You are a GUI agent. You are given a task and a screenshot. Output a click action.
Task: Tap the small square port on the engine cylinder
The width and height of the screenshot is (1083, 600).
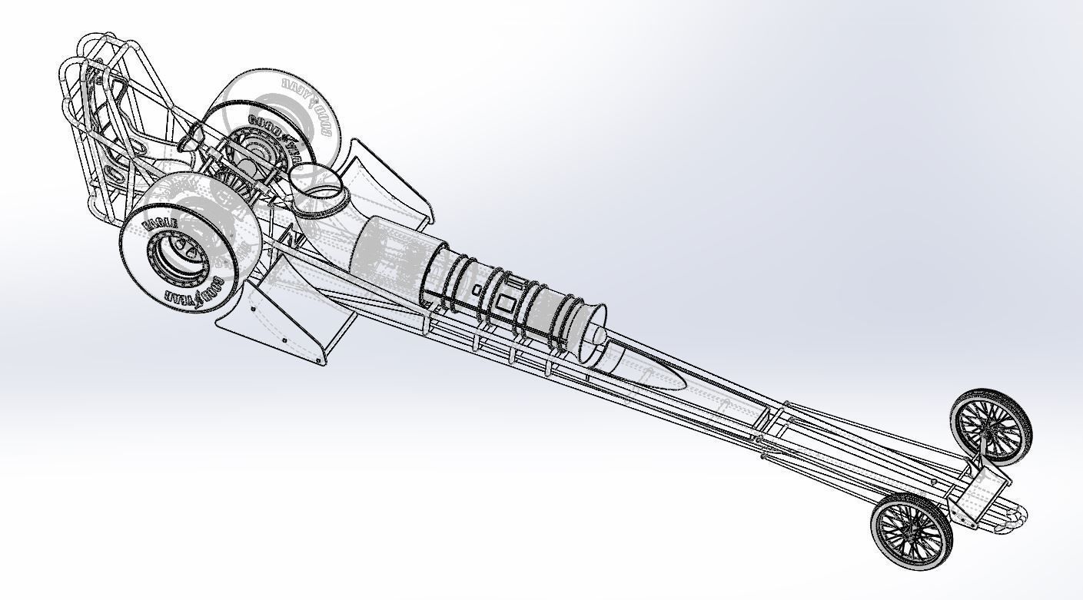pos(477,290)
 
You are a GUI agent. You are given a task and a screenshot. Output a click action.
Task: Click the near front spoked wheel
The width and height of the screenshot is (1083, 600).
pos(910,529)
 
